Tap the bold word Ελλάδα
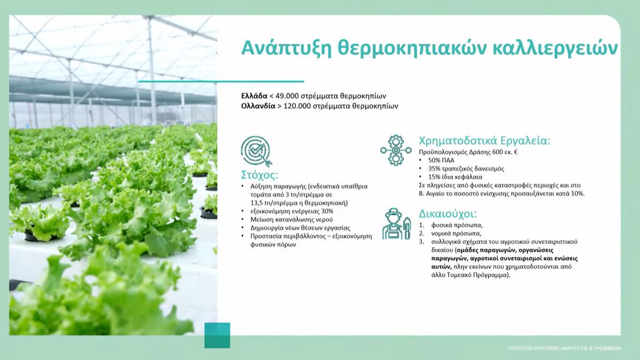pos(254,96)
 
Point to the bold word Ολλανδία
pos(258,106)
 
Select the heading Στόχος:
pos(260,175)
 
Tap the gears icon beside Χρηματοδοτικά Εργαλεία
pos(396,150)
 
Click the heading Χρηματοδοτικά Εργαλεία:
pos(485,141)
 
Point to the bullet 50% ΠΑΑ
pos(441,160)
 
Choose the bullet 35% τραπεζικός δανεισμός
pos(466,169)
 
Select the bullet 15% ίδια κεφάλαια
pos(455,177)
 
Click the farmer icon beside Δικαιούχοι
pos(397,223)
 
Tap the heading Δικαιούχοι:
pos(448,214)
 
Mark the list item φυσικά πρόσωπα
pos(457,225)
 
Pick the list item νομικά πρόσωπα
pos(456,233)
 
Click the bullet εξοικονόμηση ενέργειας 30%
pos(292,211)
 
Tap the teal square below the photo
pos(217,336)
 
